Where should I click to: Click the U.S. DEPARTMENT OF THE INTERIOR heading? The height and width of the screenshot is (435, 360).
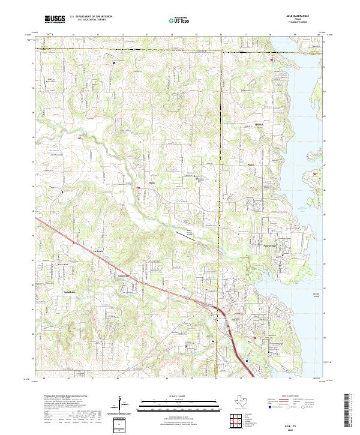[x=91, y=17]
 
